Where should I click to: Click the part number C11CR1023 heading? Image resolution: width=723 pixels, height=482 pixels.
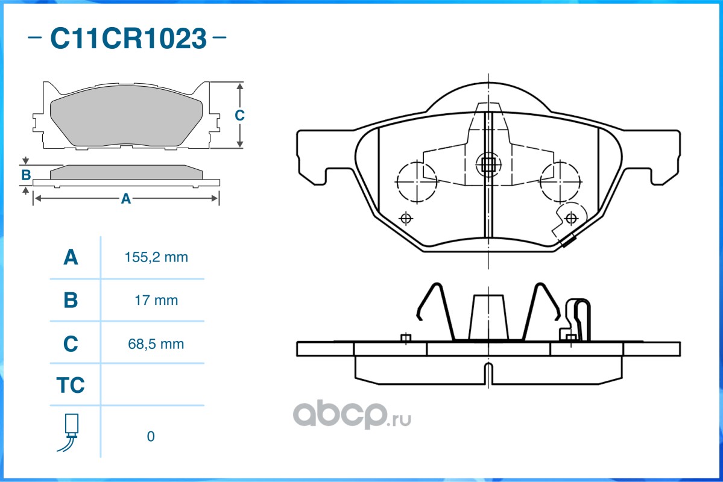[128, 38]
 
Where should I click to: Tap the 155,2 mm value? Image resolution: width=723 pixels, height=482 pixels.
[156, 257]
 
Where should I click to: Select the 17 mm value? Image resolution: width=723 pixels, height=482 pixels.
[156, 301]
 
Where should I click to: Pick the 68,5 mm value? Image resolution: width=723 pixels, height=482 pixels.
[156, 344]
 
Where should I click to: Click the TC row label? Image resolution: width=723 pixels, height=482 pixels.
[71, 385]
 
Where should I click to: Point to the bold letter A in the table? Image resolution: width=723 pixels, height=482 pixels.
[71, 257]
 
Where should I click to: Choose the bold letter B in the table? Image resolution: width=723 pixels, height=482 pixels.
[71, 301]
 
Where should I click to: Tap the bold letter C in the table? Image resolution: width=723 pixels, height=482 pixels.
[71, 344]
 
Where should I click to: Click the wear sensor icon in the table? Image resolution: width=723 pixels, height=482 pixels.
[69, 433]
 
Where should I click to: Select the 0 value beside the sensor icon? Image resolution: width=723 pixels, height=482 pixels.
[151, 436]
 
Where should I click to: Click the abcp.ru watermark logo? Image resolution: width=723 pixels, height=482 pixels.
[352, 415]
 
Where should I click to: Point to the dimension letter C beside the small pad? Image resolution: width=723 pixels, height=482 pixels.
[239, 115]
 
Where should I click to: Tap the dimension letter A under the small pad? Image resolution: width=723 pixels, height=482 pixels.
[126, 199]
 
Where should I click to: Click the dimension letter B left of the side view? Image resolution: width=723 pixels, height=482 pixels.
[26, 175]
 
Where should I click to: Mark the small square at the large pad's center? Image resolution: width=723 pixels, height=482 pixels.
[488, 164]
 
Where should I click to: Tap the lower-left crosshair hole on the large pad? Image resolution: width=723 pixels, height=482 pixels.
[406, 218]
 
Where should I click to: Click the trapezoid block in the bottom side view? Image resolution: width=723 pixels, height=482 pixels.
[488, 318]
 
